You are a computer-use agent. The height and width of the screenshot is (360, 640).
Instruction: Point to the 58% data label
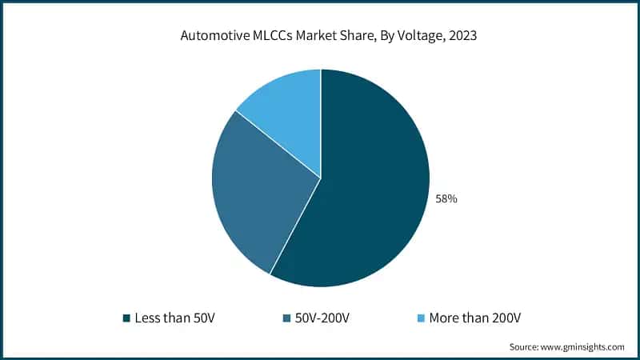tap(446, 198)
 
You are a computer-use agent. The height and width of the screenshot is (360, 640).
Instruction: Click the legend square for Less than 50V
tap(126, 318)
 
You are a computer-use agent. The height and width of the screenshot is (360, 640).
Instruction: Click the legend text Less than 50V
tap(174, 318)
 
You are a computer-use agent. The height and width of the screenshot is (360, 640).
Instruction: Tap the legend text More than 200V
tap(475, 318)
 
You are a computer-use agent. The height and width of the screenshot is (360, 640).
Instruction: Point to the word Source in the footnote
tap(524, 347)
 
